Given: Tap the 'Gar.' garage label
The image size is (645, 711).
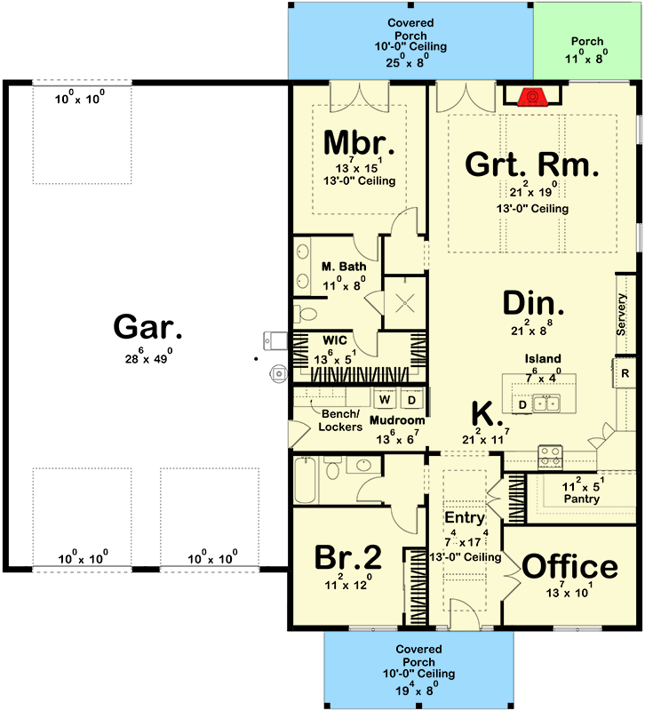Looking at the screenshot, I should [148, 328].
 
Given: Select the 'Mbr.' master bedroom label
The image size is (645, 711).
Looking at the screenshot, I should [359, 142].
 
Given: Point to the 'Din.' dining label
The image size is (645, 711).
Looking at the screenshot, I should [531, 305].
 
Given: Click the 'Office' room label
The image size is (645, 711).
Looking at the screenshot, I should [569, 566].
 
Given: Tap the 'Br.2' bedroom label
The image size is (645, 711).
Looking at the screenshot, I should [348, 557].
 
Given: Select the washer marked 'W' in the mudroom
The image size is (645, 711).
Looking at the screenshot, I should [386, 399].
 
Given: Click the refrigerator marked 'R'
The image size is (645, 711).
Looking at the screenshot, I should [625, 373].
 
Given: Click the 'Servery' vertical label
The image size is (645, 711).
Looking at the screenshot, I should [622, 315].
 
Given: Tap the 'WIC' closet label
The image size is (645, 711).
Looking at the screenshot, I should [334, 340].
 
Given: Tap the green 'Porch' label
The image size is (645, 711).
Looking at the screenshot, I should [587, 41].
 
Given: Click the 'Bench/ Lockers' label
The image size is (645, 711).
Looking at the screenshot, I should [340, 420].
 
